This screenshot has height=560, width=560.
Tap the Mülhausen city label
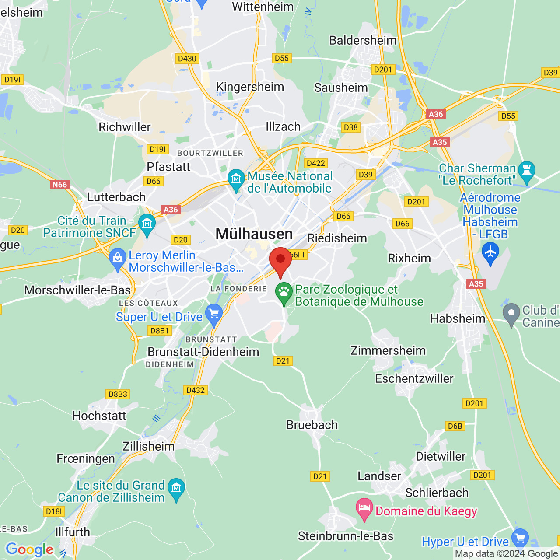(254, 234)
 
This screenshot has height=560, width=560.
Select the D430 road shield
(187, 59)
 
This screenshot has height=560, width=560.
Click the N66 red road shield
(60, 185)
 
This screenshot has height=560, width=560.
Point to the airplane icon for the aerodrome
(490, 252)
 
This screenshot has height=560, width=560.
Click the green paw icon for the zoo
(284, 291)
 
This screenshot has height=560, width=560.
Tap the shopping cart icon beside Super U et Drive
(214, 314)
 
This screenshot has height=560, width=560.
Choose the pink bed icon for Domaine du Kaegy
(364, 508)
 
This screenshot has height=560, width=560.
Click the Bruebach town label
(312, 425)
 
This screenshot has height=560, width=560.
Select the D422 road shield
(316, 163)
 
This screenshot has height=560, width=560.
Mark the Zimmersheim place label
(388, 350)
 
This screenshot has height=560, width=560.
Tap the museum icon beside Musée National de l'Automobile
(236, 178)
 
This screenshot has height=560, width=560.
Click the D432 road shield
(196, 390)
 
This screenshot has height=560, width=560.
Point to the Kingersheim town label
(250, 87)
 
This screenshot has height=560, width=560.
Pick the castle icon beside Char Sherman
(526, 170)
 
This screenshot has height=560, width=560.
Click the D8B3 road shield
(118, 394)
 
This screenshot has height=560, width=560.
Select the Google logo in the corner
(30, 549)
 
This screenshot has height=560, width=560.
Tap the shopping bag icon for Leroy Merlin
(118, 258)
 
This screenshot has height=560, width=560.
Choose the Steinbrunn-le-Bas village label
(346, 536)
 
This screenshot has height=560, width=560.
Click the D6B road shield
(455, 426)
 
